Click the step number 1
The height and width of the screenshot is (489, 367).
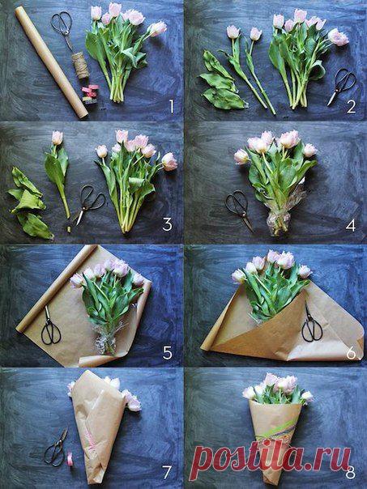(171, 107)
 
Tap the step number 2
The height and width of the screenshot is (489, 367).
(351, 107)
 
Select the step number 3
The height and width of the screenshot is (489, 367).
(167, 224)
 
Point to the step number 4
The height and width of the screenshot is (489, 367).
(351, 225)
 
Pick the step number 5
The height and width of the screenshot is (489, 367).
(168, 353)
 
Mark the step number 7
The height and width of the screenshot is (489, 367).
(167, 472)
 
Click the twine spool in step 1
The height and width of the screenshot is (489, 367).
(80, 66)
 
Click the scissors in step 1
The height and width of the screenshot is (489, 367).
(62, 30)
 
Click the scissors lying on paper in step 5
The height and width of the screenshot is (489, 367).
(50, 326)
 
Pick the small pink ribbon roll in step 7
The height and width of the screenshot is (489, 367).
(70, 459)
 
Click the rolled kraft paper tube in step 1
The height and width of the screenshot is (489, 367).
(51, 62)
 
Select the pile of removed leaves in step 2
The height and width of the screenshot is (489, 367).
(221, 81)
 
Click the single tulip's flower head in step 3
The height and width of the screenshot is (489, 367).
(57, 138)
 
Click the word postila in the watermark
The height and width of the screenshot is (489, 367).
(246, 457)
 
